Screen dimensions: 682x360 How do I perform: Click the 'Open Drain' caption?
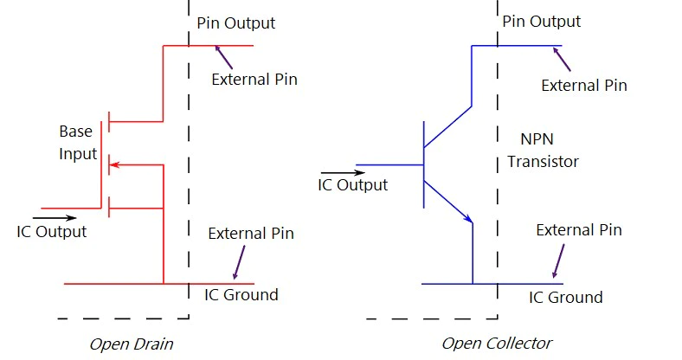tap(132, 344)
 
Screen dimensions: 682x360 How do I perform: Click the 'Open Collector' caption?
tap(497, 344)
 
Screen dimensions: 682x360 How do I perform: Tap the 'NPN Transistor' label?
tap(543, 151)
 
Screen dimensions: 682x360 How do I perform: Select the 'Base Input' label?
tap(78, 143)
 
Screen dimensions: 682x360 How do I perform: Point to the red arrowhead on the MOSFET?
tap(114, 164)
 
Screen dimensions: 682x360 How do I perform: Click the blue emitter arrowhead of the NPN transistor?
tap(468, 218)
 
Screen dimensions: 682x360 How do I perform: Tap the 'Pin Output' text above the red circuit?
tap(235, 23)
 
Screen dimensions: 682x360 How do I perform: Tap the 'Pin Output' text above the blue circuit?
tap(542, 22)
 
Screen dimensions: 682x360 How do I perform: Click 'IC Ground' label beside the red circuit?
tap(241, 295)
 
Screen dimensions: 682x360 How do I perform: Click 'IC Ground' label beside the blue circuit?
tap(566, 298)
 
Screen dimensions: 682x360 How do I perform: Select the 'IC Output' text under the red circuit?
tap(52, 232)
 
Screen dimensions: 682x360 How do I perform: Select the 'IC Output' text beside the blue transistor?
tap(353, 185)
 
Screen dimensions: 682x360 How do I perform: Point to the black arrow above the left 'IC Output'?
tap(55, 218)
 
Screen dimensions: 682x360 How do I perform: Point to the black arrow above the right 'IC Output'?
tap(344, 172)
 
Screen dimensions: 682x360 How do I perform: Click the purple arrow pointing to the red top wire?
tap(223, 57)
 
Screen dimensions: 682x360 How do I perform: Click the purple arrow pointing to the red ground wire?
tap(239, 262)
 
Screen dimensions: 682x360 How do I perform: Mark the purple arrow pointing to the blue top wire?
tap(562, 59)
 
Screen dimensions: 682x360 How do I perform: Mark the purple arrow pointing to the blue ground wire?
tap(558, 260)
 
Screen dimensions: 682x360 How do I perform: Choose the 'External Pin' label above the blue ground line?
tap(579, 230)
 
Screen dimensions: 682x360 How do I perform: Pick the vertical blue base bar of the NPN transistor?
tap(423, 164)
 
